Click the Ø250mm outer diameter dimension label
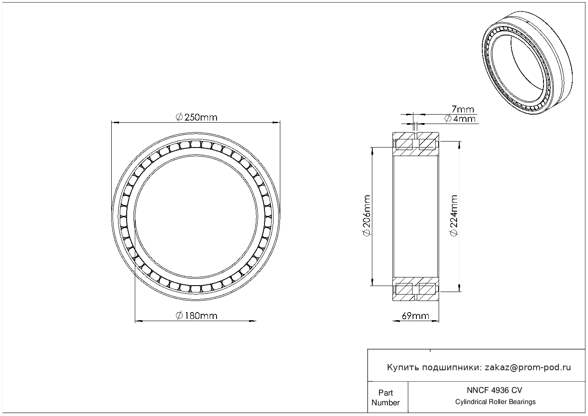pos(196,117)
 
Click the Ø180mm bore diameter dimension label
pos(196,316)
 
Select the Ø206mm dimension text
pos(366,215)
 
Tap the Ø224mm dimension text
pos(454,215)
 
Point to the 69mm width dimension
pos(416,316)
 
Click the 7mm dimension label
pos(463,109)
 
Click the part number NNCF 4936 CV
pos(495,390)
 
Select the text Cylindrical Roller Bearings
pos(495,402)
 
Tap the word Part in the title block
pos(386,393)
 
